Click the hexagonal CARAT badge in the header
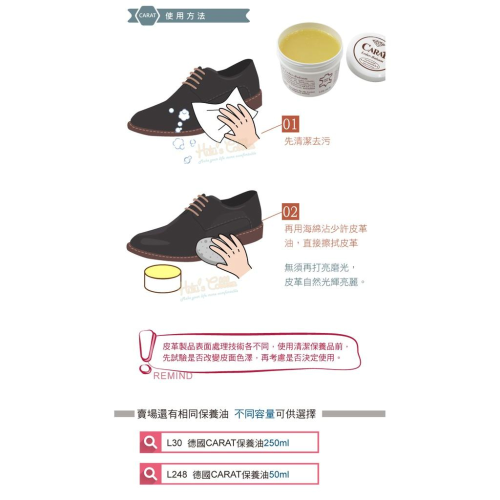pos(147,16)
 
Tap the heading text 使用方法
pos(185,16)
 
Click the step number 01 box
pos(290,124)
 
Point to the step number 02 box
pos(290,212)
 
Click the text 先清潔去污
pos(307,141)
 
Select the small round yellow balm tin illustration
pos(162,278)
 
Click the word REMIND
pos(172,376)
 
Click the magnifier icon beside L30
pos(150,442)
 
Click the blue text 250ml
pos(276,443)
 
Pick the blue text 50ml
pos(279,474)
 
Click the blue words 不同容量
pos(254,414)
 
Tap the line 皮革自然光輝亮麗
pos(325,282)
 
